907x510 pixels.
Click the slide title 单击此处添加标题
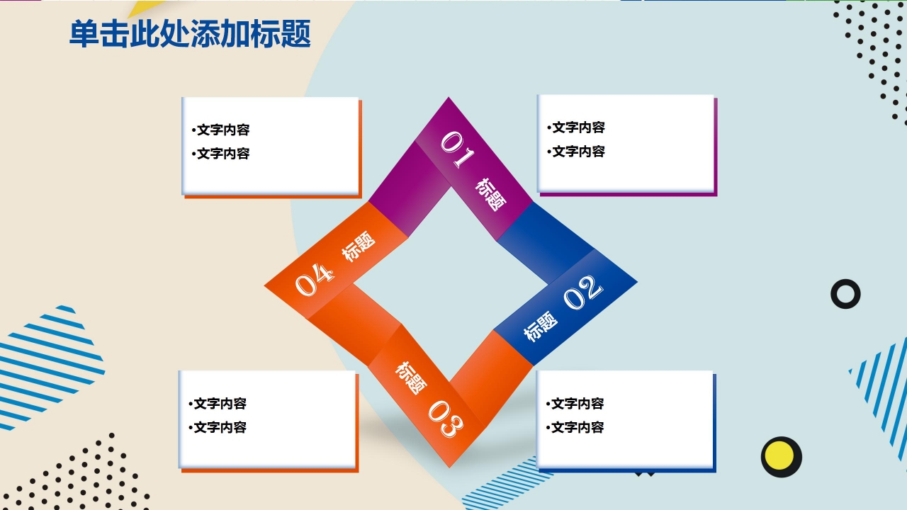[190, 34]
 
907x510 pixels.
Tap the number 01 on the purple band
[457, 149]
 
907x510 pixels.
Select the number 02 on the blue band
[583, 292]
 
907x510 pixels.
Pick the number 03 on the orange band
[446, 418]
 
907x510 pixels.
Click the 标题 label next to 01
[491, 194]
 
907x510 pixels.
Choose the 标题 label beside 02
[541, 326]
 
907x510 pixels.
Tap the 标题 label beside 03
[411, 377]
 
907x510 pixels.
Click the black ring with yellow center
[781, 457]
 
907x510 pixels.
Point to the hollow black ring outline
[845, 294]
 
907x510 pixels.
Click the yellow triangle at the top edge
[145, 8]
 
